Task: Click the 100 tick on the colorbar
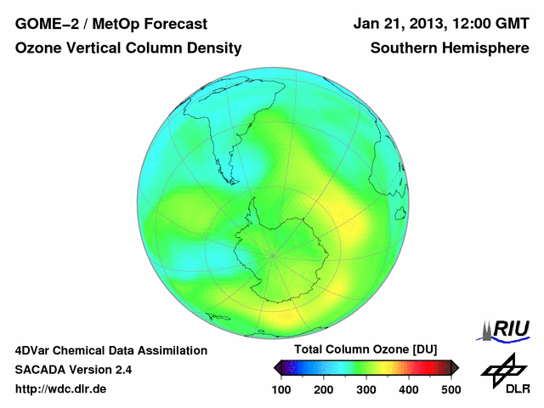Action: (280, 389)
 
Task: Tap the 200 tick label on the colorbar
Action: (323, 389)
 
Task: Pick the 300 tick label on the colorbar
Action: (365, 389)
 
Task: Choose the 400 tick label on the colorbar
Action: (408, 389)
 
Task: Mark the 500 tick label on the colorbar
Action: (450, 389)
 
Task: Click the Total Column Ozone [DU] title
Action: (365, 350)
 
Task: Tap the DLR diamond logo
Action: (503, 371)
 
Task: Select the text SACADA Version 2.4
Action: (73, 370)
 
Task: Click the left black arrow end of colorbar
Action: (276, 367)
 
